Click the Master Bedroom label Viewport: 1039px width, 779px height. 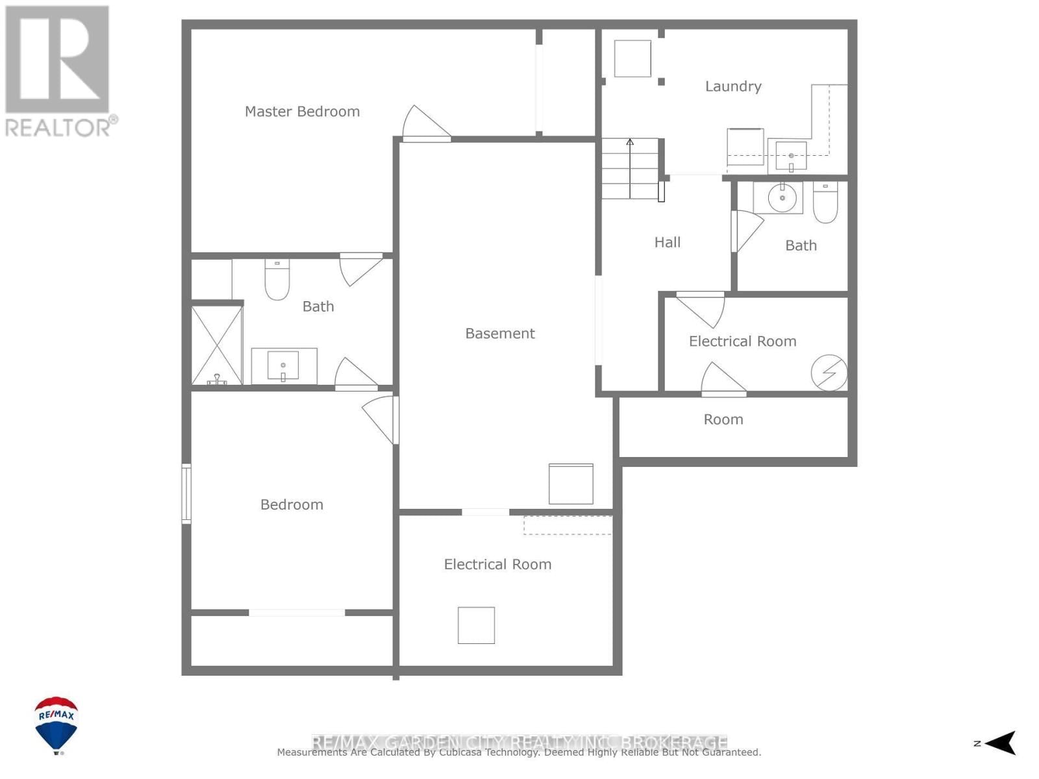(302, 112)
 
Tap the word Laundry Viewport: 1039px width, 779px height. (733, 86)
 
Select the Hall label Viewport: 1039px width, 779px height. (667, 242)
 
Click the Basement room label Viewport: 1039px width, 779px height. (500, 334)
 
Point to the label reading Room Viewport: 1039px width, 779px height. (723, 419)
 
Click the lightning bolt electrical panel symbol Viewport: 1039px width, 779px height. (829, 373)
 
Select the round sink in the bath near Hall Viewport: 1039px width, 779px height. (782, 198)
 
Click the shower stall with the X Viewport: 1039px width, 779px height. (217, 345)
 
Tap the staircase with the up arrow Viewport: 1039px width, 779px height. (629, 168)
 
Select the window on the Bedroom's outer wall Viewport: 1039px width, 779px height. (186, 493)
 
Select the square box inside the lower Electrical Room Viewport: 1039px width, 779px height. (476, 625)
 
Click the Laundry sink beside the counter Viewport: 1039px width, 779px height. (791, 156)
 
